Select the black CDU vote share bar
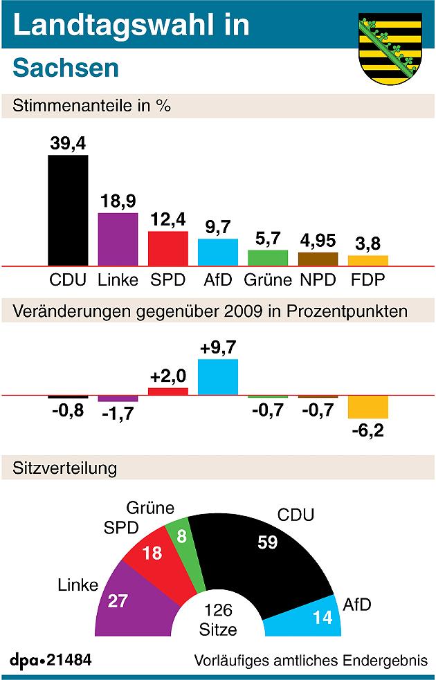coord(68,210)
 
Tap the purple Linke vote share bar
coord(118,239)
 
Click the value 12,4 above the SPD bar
coord(168,221)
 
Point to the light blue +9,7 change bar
coord(218,377)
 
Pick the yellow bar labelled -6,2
coord(368,407)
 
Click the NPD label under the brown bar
coord(318,280)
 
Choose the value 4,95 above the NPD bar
coord(318,242)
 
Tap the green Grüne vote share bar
coord(268,258)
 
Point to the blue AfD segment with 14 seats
coord(305,619)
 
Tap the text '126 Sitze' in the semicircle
coord(218,621)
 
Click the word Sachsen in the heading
coord(66,68)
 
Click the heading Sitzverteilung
coord(65,468)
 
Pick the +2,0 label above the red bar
coord(168,377)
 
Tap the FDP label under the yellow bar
coord(367,280)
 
